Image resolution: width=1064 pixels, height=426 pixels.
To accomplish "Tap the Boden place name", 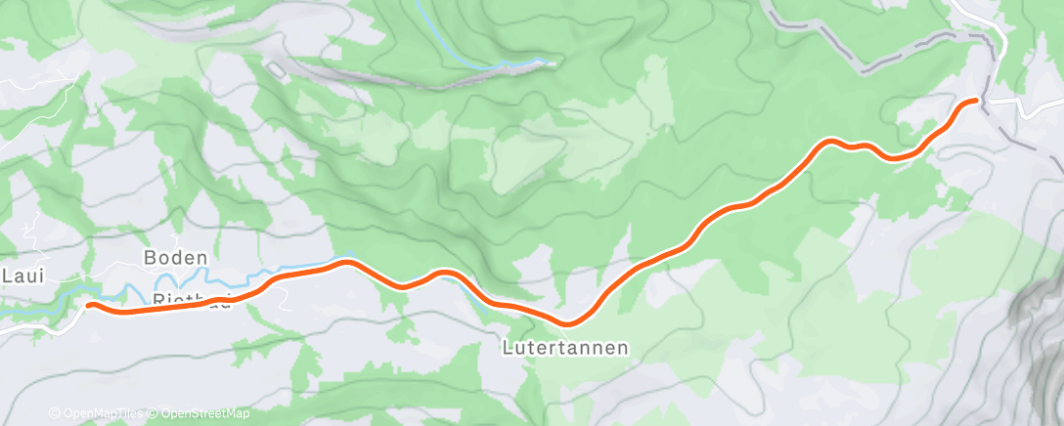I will point(176,259).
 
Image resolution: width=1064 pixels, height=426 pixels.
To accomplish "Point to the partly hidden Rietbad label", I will point(191,300).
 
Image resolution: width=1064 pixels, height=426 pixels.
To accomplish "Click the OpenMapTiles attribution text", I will point(99,414).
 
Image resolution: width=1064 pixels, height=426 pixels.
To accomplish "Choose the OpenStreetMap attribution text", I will point(200,414).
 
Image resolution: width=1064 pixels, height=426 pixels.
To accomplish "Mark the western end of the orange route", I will point(90,305).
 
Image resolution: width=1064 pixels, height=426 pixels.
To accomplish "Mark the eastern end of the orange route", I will point(975,101).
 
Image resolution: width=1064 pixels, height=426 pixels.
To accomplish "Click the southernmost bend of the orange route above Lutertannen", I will point(566,322).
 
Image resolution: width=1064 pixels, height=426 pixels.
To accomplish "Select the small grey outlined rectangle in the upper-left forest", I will point(278,69).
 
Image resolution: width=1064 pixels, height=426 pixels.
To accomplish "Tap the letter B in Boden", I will point(151,259).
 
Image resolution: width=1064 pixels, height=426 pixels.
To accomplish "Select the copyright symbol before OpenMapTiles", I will point(54,414).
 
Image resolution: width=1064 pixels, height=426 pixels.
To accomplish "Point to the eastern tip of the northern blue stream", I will point(554,64).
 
